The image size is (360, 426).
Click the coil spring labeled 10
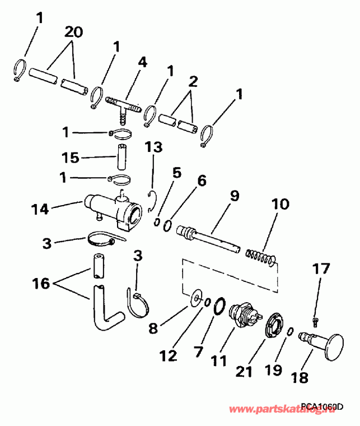point(261,257)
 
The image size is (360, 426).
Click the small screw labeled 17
point(315,319)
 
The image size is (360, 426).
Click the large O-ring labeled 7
point(220,306)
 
